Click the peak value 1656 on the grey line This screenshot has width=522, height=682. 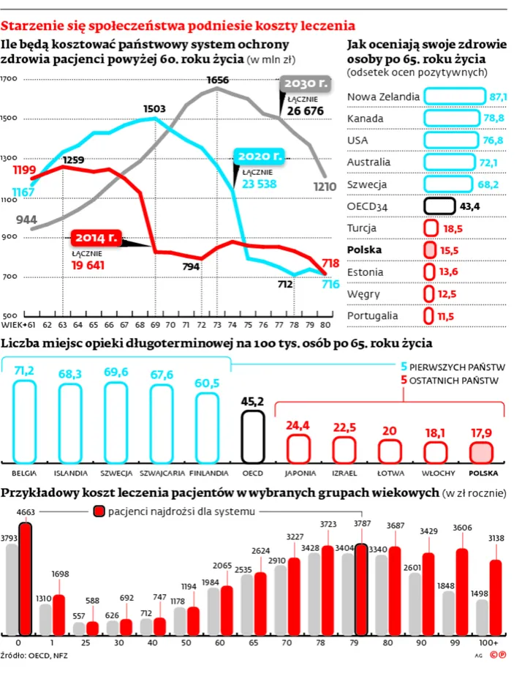217,80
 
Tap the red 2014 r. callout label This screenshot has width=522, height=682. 95,238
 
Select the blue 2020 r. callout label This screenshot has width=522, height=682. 258,157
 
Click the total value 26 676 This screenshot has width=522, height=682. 305,110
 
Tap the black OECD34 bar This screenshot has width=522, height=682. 439,206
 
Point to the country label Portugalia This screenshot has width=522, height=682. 373,315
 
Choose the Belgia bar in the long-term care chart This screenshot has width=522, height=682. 25,419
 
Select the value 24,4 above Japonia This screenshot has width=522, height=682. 298,425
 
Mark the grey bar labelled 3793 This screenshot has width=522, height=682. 10,589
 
